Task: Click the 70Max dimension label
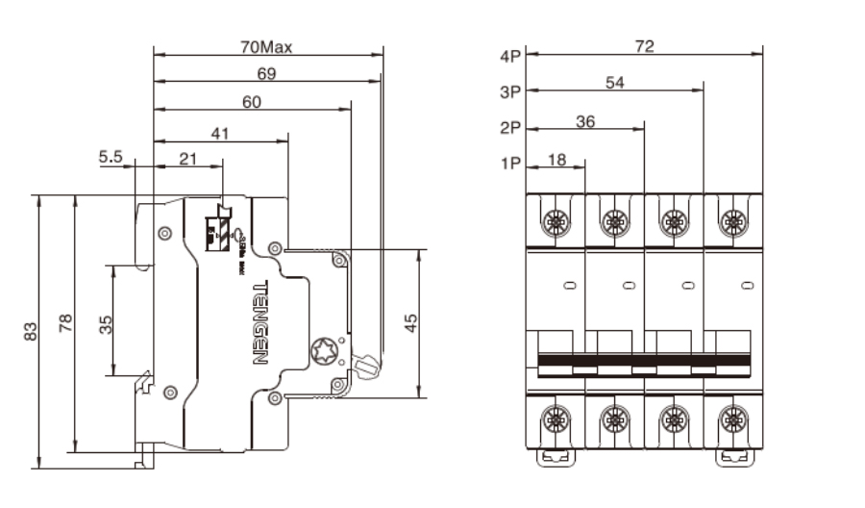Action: (266, 46)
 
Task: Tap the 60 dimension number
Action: (252, 104)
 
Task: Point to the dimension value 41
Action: (220, 134)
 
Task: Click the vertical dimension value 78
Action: (65, 323)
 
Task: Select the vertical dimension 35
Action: (106, 323)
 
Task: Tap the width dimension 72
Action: (645, 46)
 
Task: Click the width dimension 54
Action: (616, 83)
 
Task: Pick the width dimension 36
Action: (585, 120)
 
